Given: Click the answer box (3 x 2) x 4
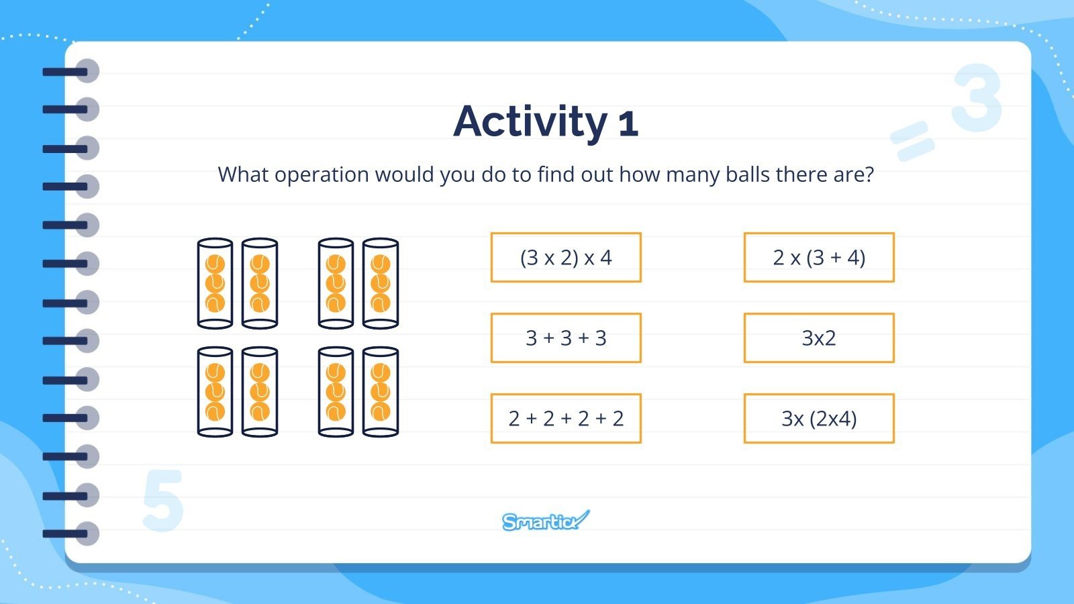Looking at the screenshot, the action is click(x=566, y=258).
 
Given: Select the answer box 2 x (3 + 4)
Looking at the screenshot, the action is click(x=819, y=258).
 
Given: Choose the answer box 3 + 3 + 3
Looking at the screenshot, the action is click(x=566, y=338).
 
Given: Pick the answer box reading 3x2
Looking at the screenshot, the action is click(x=819, y=338).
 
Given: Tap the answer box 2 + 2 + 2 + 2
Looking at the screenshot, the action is click(x=566, y=419).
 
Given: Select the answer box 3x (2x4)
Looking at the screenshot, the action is click(x=819, y=419).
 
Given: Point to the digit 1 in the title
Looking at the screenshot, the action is click(x=628, y=123).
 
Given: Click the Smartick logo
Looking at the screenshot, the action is click(x=546, y=521).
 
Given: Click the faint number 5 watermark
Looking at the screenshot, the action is click(x=163, y=500).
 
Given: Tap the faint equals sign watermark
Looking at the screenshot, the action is click(x=912, y=141).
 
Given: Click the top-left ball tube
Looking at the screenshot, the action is click(x=215, y=283).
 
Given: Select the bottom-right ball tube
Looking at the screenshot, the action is click(x=380, y=392).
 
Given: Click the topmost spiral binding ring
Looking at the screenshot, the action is click(x=72, y=71).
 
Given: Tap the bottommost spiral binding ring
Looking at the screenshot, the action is click(x=72, y=534).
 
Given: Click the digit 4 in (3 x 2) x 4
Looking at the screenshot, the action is click(x=605, y=258).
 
